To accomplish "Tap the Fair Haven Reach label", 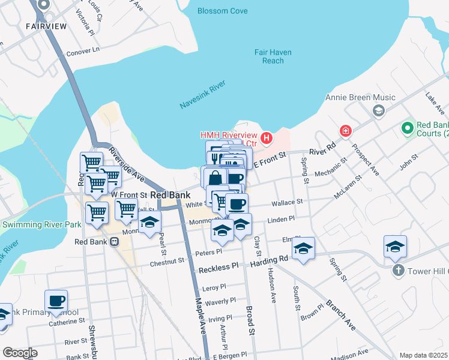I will pos(273,56).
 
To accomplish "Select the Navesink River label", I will pos(202,96).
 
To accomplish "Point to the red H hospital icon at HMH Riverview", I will pos(266,139).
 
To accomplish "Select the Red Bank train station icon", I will pos(114,242).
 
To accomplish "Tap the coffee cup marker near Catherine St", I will pos(56,301).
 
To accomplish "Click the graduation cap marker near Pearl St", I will pos(149,223).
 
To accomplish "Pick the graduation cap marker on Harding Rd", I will pos(303,249).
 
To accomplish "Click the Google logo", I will pos(20,352).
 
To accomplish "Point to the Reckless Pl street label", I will pos(218,265).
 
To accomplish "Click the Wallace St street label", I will pos(286,203).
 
